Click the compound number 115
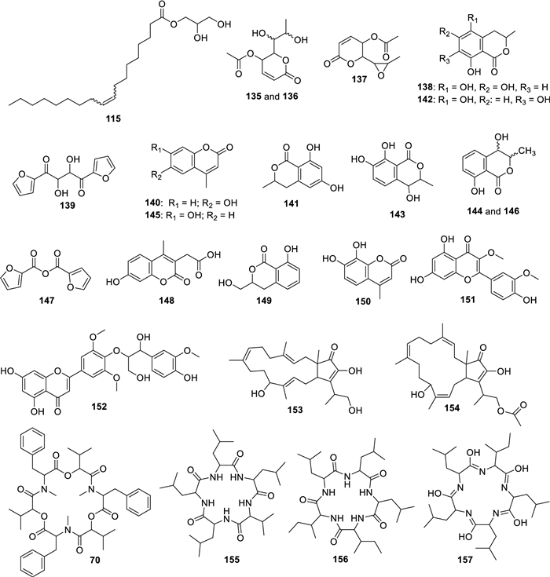[x=113, y=119]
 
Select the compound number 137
[x=358, y=79]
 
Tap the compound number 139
[x=68, y=205]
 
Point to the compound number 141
[x=291, y=203]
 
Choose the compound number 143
[x=397, y=214]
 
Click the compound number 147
[x=46, y=300]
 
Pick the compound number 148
[x=167, y=300]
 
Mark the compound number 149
[x=264, y=300]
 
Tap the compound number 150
[x=363, y=301]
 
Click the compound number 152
[x=100, y=407]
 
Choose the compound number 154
[x=452, y=407]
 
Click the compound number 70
[x=94, y=560]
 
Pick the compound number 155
[x=232, y=560]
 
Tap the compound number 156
[x=340, y=559]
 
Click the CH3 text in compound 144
[x=527, y=152]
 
